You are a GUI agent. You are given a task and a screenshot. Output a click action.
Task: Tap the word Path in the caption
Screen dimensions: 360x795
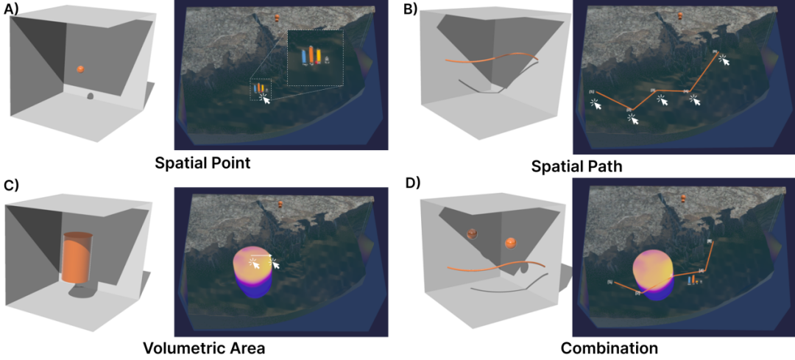600,166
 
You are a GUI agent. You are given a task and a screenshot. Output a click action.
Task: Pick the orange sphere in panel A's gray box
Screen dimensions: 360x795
80,69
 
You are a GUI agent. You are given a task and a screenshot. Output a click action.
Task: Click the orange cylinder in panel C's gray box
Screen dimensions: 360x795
77,258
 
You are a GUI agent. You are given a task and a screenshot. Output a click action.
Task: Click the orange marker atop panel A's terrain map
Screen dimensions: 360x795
278,17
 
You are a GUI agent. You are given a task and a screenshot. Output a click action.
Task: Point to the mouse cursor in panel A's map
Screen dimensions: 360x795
266,99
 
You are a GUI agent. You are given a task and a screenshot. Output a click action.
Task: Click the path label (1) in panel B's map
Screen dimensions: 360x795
591,92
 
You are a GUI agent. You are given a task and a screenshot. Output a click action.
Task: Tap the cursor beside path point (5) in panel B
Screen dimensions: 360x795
726,60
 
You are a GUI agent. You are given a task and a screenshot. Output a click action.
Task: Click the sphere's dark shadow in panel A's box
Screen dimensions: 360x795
90,96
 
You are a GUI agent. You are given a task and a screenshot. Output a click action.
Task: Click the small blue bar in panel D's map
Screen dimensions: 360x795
690,280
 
